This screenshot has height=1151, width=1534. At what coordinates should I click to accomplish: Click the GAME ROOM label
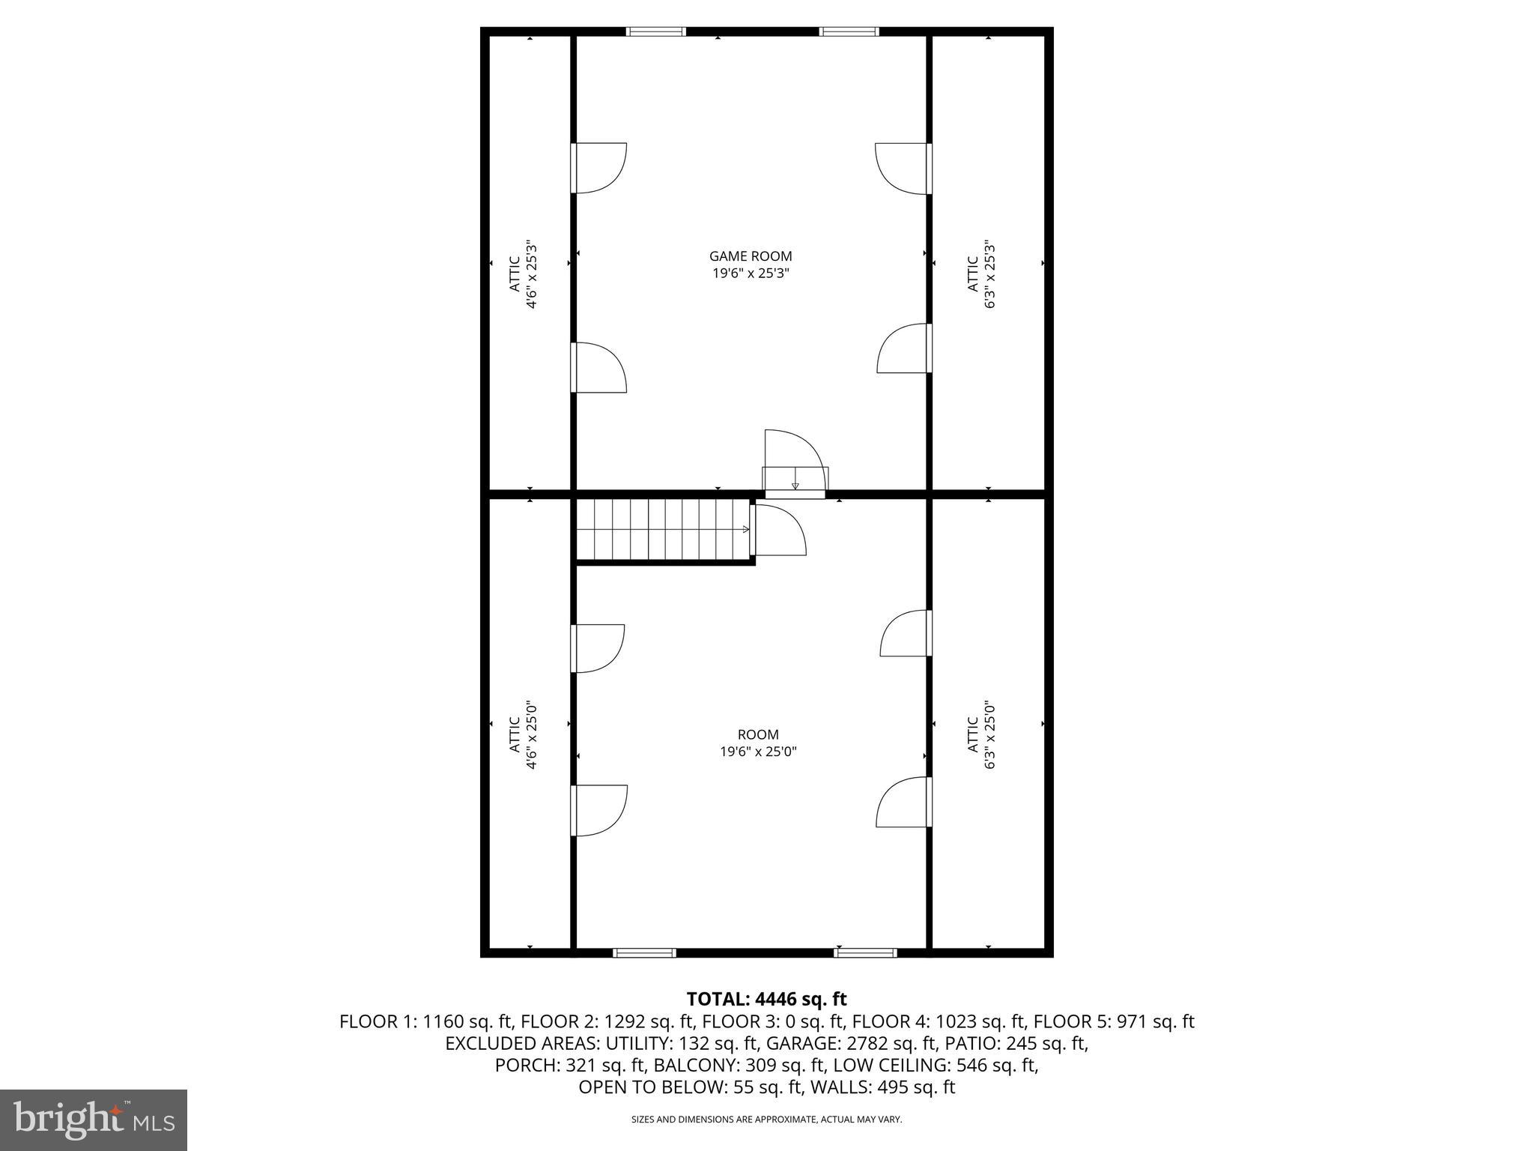(751, 265)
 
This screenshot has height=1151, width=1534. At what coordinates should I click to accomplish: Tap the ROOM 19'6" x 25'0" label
(758, 743)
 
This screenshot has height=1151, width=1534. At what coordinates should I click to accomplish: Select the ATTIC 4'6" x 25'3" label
(522, 274)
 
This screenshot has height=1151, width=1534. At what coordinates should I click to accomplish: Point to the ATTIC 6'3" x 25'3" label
(980, 274)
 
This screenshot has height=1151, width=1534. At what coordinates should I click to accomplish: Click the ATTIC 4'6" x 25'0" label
(522, 735)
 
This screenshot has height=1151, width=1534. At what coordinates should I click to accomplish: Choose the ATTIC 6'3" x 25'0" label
(980, 735)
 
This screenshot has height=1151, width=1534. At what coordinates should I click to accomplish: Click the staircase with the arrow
(662, 530)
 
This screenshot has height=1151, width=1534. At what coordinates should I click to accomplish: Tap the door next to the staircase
(779, 530)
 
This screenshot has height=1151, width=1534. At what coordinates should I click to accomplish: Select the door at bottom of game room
(794, 461)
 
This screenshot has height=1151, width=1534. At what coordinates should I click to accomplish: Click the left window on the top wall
(655, 31)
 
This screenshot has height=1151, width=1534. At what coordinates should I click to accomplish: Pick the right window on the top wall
(849, 31)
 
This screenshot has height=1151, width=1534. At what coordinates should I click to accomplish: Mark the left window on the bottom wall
(644, 952)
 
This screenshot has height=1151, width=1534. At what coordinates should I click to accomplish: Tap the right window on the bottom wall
(865, 952)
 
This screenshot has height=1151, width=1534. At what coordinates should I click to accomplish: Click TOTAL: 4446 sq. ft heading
(766, 999)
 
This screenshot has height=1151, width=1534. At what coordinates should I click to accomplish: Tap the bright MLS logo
(93, 1120)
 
